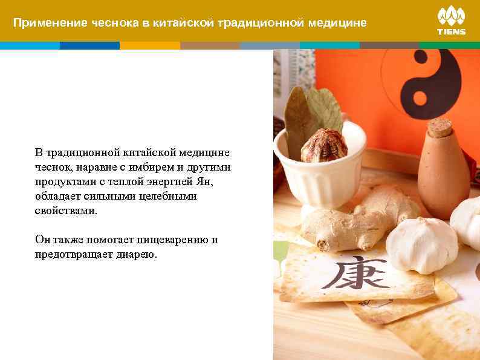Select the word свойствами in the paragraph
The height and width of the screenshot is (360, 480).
point(65,211)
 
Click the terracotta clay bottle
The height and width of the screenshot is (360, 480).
point(443,172)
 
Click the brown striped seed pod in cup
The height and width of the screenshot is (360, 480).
point(323,146)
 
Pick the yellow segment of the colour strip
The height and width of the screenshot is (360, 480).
point(149,45)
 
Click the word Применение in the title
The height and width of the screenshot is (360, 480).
point(50,23)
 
